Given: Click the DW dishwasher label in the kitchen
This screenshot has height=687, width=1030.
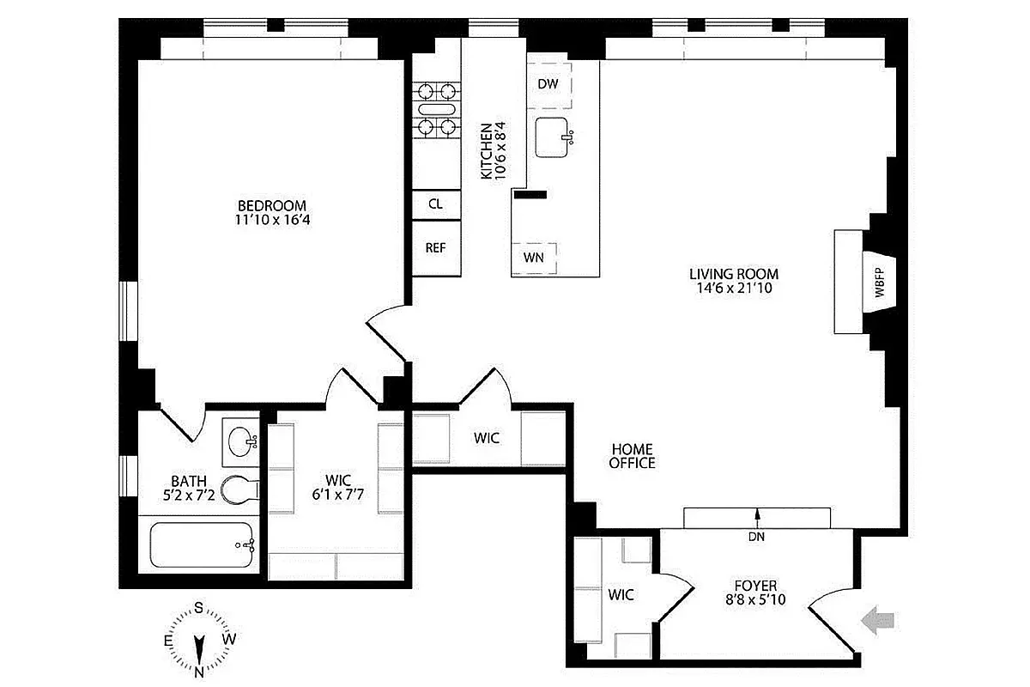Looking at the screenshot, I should tap(548, 84).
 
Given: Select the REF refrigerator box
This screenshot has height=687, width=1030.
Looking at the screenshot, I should tap(435, 248).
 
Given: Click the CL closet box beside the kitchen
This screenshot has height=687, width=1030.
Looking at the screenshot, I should tap(435, 204).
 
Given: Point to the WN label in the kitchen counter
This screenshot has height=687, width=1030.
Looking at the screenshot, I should tap(533, 257).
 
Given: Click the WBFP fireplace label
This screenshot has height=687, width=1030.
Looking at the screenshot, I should tap(880, 285).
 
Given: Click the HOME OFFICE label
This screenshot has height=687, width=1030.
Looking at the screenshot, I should tap(633, 456).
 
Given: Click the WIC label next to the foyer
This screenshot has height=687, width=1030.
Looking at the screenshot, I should tap(621, 594).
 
